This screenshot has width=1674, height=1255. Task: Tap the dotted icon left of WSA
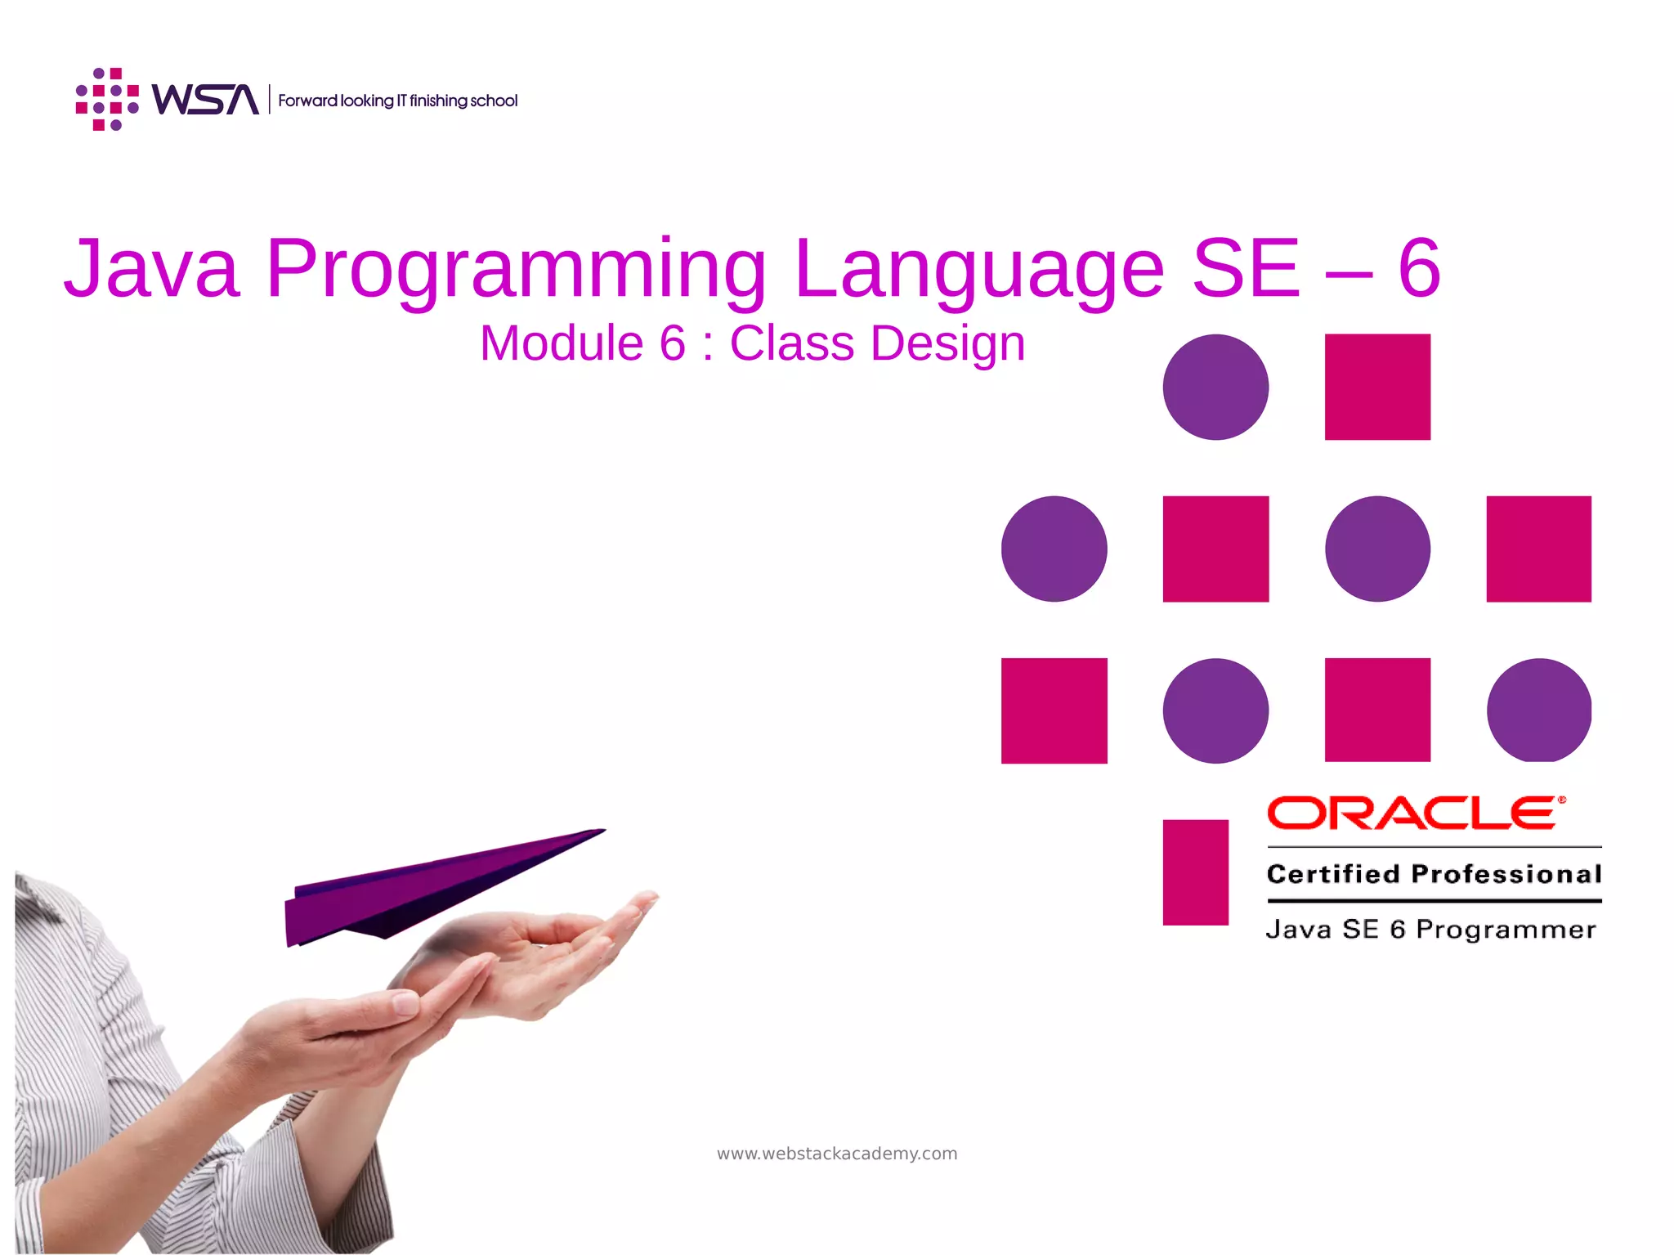(x=107, y=100)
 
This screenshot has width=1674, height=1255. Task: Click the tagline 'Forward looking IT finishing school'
(x=397, y=101)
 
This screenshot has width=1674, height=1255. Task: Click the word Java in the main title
(x=152, y=268)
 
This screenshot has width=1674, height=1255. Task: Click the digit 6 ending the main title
(x=1419, y=268)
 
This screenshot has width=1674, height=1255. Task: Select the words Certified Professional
(x=1434, y=874)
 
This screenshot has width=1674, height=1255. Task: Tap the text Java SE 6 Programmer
(x=1430, y=930)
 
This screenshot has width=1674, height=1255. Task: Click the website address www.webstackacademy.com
(x=837, y=1154)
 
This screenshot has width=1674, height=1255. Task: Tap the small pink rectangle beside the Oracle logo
(x=1195, y=872)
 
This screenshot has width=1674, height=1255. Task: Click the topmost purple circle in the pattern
(x=1215, y=387)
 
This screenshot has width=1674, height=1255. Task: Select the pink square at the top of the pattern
(x=1377, y=387)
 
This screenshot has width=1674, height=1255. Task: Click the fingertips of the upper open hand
(x=646, y=899)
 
